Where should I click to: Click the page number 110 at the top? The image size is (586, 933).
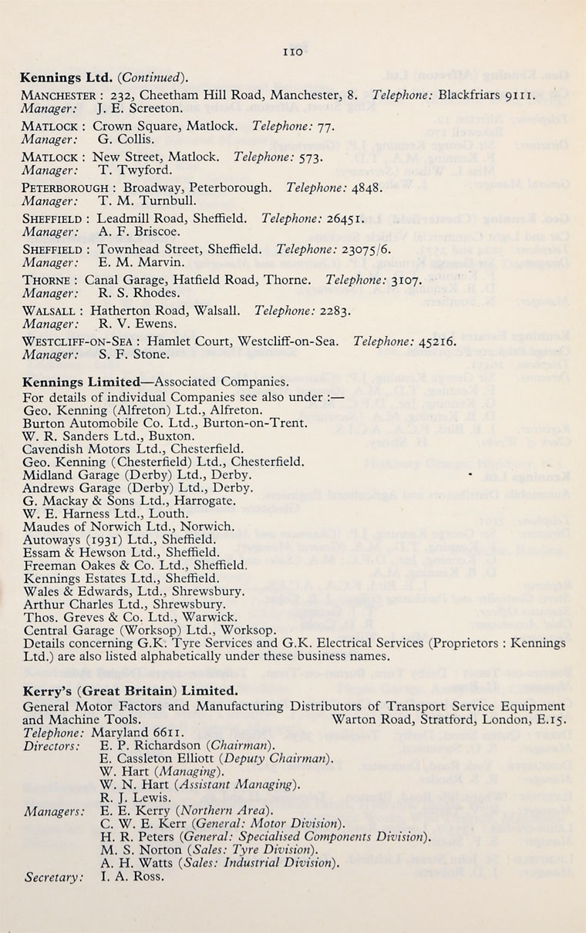293,52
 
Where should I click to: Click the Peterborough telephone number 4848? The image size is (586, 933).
367,187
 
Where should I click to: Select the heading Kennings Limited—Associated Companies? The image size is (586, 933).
156,382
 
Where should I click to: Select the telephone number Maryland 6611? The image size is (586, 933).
126,732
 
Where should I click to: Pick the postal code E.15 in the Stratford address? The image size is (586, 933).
554,719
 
